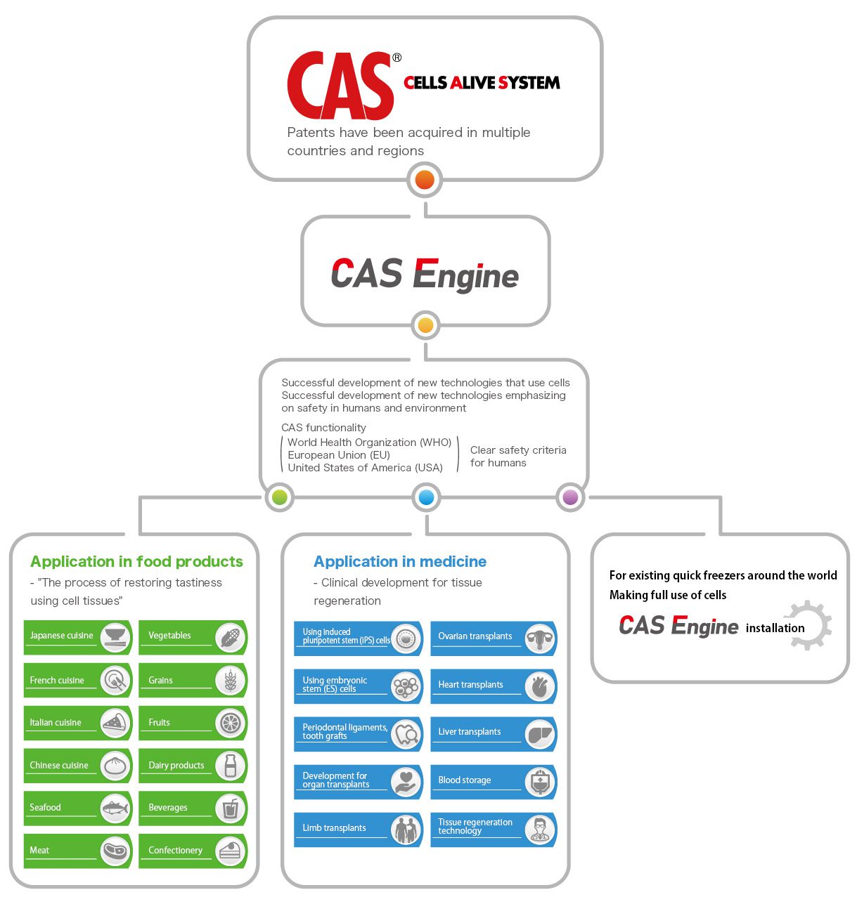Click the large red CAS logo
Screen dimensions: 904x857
340,86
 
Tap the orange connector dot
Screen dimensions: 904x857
425,180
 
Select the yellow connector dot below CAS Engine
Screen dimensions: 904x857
425,326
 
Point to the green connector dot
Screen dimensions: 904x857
279,497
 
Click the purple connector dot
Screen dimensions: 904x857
570,497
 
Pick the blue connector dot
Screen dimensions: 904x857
426,497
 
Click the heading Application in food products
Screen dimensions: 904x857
136,562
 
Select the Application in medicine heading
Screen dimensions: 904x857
399,562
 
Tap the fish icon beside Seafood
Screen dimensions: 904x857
115,808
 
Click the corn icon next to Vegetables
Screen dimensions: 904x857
231,638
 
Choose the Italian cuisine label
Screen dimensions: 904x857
56,723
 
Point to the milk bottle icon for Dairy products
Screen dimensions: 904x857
231,766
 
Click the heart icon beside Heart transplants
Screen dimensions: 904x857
539,686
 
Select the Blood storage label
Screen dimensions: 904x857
464,780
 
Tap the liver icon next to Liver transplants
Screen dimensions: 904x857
539,733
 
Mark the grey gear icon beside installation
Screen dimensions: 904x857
808,625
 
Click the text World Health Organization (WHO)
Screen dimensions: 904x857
369,443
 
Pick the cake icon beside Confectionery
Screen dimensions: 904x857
230,851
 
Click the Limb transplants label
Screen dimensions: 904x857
334,828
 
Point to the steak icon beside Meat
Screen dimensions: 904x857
115,851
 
